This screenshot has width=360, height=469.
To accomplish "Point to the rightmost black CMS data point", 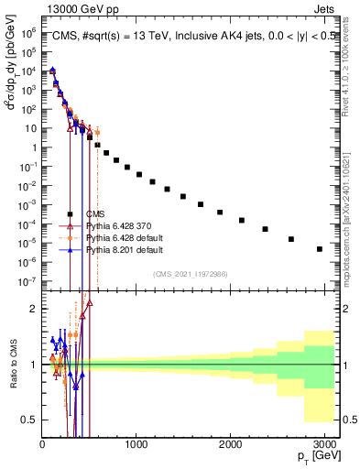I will [319, 248].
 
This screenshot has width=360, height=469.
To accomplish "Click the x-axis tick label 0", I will [42, 444].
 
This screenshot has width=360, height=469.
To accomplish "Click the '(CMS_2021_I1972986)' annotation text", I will [191, 273].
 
